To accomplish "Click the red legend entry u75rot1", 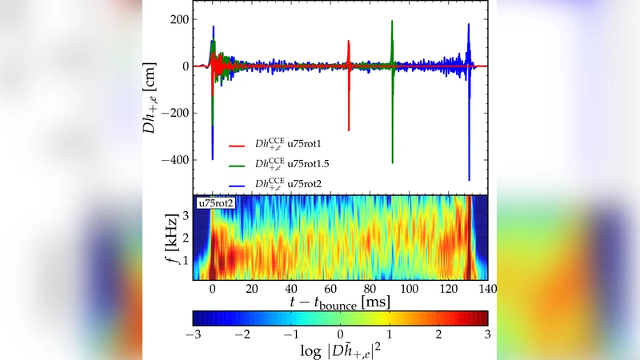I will (286, 145).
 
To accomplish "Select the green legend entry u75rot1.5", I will (289, 165).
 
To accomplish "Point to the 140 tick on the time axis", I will (487, 289).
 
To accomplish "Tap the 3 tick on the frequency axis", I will (185, 214).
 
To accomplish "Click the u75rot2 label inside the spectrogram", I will (212, 202).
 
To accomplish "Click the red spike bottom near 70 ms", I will (349, 130).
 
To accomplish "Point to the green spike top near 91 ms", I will (392, 22).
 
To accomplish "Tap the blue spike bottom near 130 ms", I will (469, 179).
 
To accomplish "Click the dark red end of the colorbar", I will (482, 317).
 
